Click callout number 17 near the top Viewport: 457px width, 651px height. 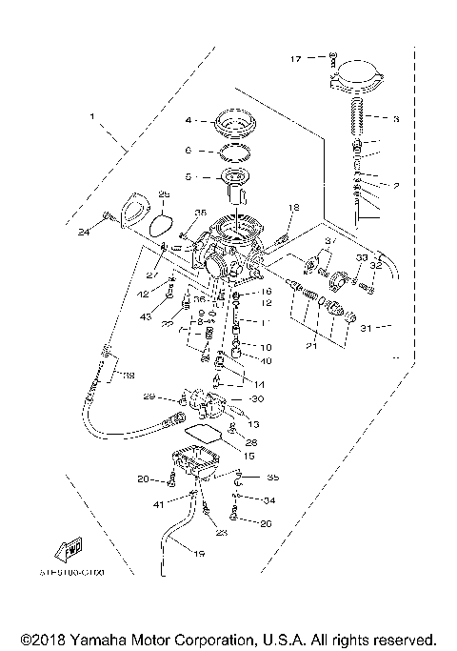pyautogui.click(x=296, y=59)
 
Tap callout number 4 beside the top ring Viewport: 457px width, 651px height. pyautogui.click(x=189, y=121)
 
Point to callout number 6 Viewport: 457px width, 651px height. pyautogui.click(x=189, y=151)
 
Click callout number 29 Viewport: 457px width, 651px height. pyautogui.click(x=149, y=397)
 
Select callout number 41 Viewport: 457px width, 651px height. pyautogui.click(x=160, y=501)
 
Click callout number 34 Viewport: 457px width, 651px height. pyautogui.click(x=269, y=500)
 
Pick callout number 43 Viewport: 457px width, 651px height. pyautogui.click(x=146, y=316)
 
